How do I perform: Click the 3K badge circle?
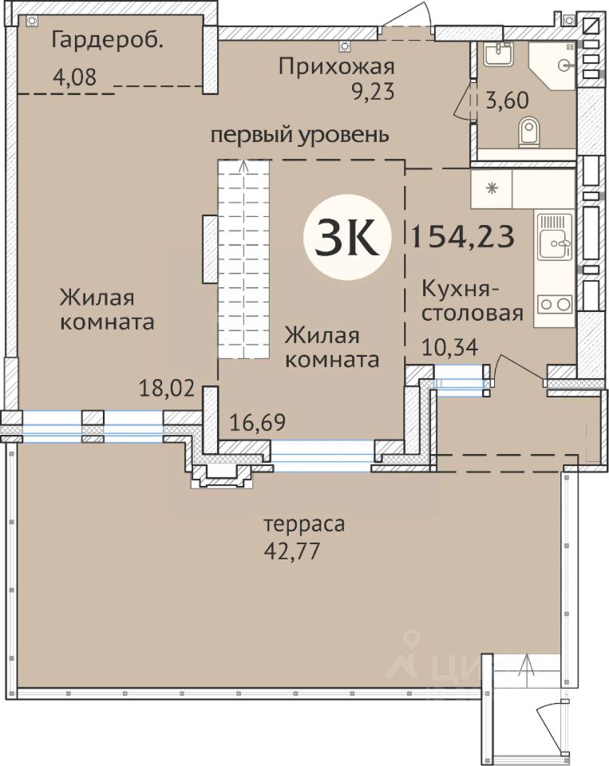(347, 238)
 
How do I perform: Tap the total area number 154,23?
(463, 236)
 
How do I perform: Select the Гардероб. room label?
(106, 41)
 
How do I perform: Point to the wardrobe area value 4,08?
(74, 77)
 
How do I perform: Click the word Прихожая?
(336, 67)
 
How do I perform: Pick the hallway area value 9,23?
(372, 91)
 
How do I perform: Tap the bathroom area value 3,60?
(507, 101)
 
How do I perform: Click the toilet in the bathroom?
(529, 132)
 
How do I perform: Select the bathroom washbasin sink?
(498, 53)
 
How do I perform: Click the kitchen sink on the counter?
(555, 237)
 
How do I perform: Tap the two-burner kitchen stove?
(555, 304)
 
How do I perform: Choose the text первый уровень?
(299, 135)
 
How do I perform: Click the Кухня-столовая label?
(473, 301)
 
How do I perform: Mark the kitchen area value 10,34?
(449, 348)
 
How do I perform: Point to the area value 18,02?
(167, 389)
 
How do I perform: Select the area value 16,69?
(258, 422)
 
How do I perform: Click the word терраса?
(305, 525)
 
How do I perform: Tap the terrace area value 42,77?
(292, 551)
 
